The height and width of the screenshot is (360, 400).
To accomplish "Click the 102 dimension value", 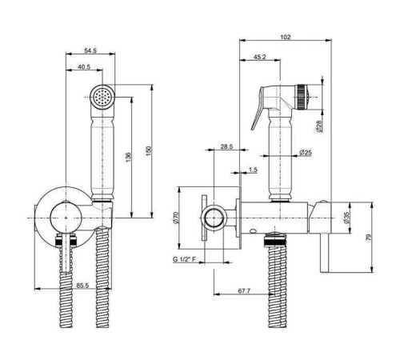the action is (286, 37).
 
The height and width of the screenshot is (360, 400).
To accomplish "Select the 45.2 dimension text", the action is (260, 57).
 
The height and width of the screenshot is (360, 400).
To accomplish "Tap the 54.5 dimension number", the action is (90, 50).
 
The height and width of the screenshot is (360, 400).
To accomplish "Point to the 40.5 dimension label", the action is (84, 66).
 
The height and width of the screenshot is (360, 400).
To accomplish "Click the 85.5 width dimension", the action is (82, 286).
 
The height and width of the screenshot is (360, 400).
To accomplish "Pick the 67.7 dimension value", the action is (244, 290).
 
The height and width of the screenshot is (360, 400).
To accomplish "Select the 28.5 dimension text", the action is (226, 146).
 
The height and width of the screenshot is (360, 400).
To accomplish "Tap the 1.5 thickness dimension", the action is (253, 170).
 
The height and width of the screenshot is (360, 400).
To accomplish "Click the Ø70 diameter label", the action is (176, 218).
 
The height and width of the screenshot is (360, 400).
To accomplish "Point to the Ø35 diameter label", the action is (346, 218).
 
